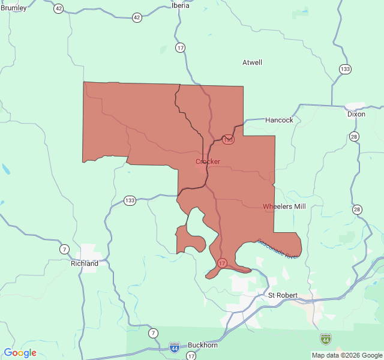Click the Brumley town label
pos(13,8)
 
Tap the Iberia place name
pos(180,5)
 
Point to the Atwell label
pos(252,62)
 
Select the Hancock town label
pos(279,120)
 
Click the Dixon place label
pos(356,114)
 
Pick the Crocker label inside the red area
pos(208,161)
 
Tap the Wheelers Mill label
pos(284,206)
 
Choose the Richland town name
pos(85,263)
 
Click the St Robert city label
pos(283,295)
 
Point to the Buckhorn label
pos(203,345)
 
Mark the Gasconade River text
pos(278,249)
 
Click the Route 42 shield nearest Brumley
pos(58,8)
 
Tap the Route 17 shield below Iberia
pos(181,47)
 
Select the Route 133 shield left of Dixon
pos(344,69)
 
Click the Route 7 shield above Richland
pos(64,249)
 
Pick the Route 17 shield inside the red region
pos(222,263)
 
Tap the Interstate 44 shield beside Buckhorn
pos(174,347)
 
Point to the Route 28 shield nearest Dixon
pos(355,137)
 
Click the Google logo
pos(20,353)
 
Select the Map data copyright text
pos(347,355)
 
